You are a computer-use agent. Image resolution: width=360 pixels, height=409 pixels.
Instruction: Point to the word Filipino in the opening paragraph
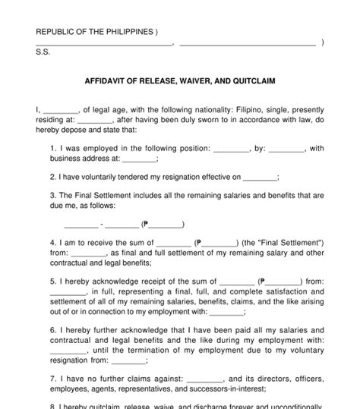pyautogui.click(x=250, y=109)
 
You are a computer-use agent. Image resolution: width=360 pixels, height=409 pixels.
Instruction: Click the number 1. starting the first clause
pyautogui.click(x=54, y=148)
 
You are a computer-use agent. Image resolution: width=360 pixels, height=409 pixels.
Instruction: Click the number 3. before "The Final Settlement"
pyautogui.click(x=54, y=195)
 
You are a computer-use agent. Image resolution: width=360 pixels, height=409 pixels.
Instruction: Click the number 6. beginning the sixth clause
pyautogui.click(x=54, y=331)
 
